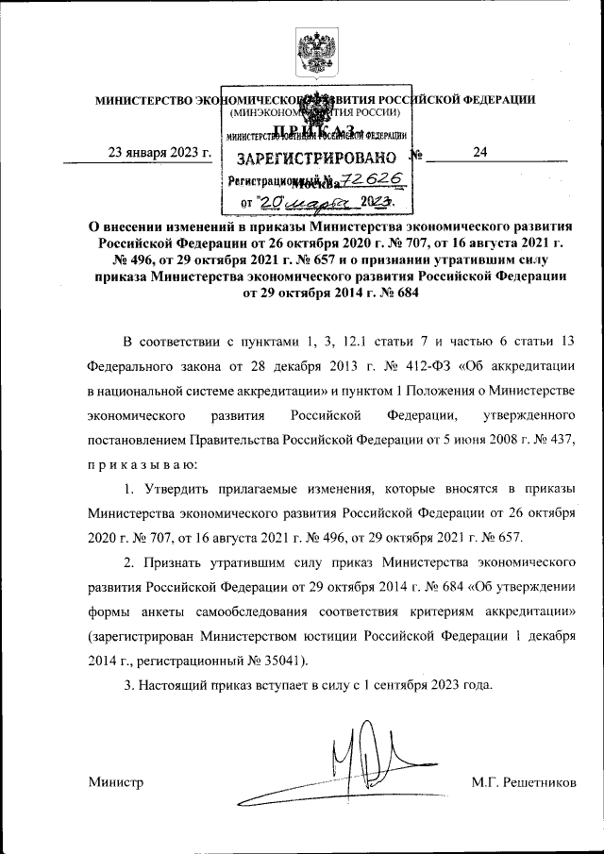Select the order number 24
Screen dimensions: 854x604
coord(479,154)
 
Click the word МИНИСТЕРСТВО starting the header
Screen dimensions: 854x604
coord(143,99)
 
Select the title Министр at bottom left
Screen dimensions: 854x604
coord(115,782)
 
